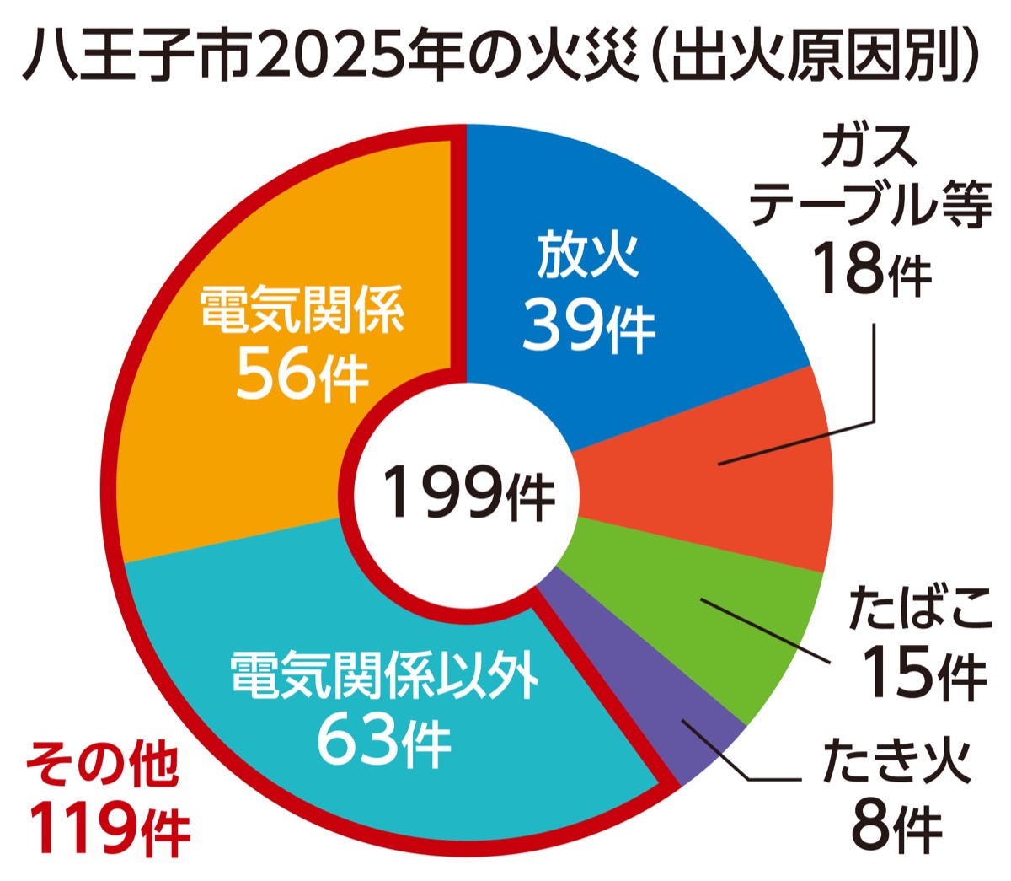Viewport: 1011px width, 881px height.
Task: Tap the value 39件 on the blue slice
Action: [x=588, y=325]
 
